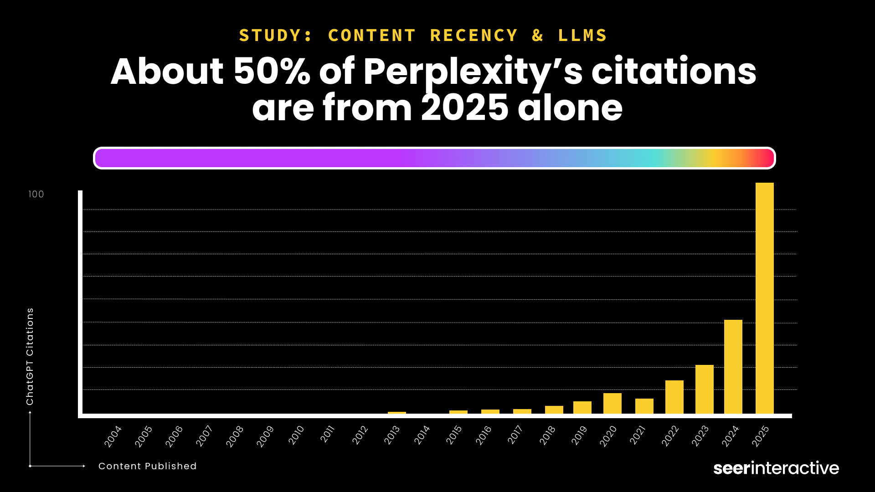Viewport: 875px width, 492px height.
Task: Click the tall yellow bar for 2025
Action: point(764,298)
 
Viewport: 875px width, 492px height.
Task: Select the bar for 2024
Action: point(733,367)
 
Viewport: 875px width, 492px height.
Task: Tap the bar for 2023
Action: point(704,389)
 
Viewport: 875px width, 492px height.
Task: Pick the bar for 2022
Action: point(674,397)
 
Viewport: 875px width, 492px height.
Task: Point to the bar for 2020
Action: point(612,404)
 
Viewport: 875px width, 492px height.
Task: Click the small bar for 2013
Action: point(396,413)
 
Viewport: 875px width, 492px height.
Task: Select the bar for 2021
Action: point(644,406)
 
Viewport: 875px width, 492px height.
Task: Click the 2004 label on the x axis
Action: point(113,436)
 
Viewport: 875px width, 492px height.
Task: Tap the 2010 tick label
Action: point(296,436)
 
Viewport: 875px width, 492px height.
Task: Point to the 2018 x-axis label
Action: point(547,436)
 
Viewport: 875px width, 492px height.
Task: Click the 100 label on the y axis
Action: point(36,195)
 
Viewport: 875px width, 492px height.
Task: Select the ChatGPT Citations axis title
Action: point(30,356)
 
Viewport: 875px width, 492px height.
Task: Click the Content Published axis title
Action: point(147,466)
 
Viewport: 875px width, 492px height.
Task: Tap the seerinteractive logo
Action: point(776,468)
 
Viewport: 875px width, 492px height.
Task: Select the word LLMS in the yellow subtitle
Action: point(582,36)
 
